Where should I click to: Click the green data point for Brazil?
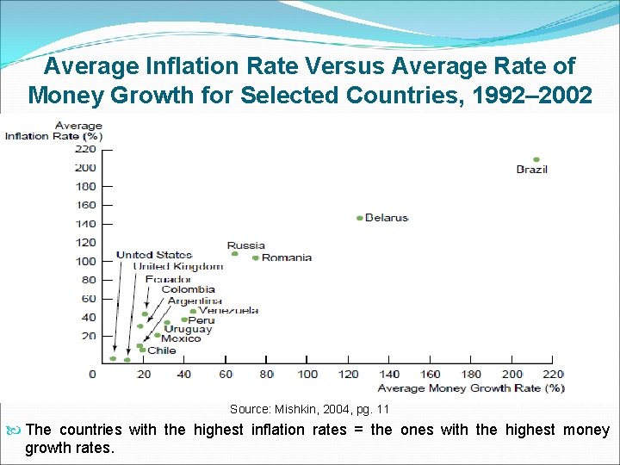536,159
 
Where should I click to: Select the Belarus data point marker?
360,218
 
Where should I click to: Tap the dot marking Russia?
234,253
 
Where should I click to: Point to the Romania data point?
256,257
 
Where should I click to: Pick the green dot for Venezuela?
194,311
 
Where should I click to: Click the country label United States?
153,255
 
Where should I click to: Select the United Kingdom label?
177,267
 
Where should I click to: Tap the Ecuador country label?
168,279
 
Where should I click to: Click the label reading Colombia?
188,290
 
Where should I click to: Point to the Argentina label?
195,301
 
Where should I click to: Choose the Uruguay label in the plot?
188,329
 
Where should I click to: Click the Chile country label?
162,350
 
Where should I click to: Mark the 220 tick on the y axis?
85,148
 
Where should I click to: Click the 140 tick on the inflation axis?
85,224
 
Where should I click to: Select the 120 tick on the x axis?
348,375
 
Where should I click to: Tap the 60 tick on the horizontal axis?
226,375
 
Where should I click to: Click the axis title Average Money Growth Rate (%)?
471,388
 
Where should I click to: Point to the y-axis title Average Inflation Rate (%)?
54,131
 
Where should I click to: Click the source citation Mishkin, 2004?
309,409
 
